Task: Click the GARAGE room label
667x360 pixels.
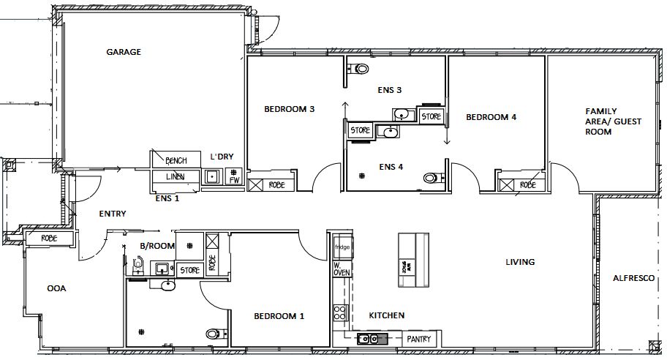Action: (x=123, y=52)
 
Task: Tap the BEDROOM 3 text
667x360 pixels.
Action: (x=289, y=109)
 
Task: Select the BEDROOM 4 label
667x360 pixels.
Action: (x=491, y=116)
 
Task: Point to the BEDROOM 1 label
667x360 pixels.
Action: (x=279, y=316)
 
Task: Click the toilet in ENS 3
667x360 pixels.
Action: (x=360, y=70)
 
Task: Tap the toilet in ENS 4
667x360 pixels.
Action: (x=433, y=178)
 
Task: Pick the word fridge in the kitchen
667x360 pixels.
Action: (x=342, y=247)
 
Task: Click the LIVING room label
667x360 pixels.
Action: (x=520, y=261)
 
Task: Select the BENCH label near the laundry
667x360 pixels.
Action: (x=176, y=161)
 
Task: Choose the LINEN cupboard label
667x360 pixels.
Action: (x=176, y=176)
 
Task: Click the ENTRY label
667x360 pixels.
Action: (x=113, y=214)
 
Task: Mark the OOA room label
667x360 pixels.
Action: (x=57, y=288)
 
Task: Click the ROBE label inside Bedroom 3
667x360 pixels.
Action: (x=276, y=184)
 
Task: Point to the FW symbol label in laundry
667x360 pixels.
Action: (x=235, y=180)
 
